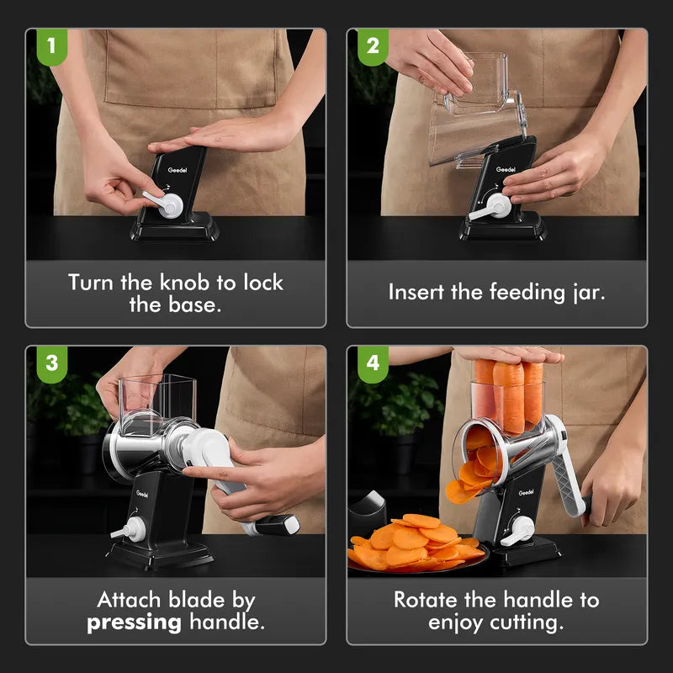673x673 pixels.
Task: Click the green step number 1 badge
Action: (x=52, y=46)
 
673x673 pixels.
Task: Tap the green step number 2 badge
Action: (x=373, y=46)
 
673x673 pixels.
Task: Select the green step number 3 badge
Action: (x=52, y=364)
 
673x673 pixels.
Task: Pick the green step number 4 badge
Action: (x=373, y=364)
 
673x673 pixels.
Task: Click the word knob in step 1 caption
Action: (x=184, y=283)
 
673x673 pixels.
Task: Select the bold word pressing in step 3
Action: (x=134, y=623)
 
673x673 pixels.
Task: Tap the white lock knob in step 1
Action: (x=165, y=204)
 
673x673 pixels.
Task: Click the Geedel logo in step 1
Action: (x=178, y=171)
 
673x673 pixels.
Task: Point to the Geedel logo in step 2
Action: (x=506, y=170)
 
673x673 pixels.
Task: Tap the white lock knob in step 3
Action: (x=129, y=530)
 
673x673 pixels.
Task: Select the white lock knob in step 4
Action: (x=518, y=531)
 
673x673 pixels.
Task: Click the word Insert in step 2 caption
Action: (x=416, y=292)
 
